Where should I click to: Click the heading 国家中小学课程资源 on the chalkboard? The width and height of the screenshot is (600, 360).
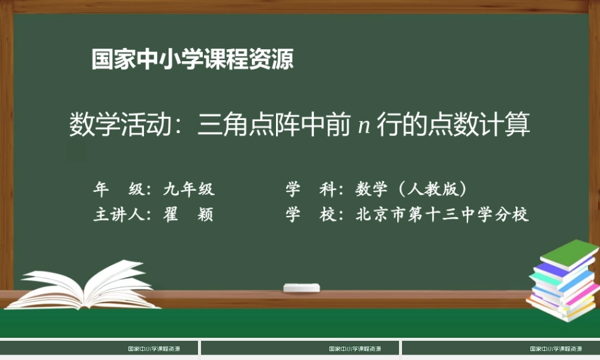click(x=193, y=59)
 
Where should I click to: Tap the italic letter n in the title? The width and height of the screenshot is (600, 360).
click(x=362, y=127)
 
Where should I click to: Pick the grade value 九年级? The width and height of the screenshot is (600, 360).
click(x=189, y=190)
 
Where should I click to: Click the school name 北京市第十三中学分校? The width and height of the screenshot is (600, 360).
click(x=442, y=215)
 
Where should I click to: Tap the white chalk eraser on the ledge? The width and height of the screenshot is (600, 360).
click(x=302, y=287)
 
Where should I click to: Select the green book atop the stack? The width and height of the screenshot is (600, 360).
click(x=569, y=253)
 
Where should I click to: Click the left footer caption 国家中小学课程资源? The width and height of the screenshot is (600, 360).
click(x=154, y=349)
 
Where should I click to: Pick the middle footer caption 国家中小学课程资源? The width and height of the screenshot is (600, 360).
click(x=355, y=349)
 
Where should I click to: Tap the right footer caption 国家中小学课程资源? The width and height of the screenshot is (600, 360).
click(x=556, y=349)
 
